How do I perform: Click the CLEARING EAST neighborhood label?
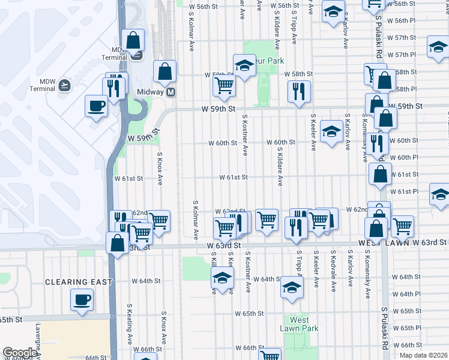tap(79, 281)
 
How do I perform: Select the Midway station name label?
tap(149, 92)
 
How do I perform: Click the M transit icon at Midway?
tap(171, 92)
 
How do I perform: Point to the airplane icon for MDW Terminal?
tap(64, 85)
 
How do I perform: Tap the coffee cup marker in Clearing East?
tap(82, 299)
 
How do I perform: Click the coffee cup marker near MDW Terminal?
tap(96, 106)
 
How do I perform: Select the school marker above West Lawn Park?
tap(292, 287)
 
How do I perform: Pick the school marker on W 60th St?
tap(331, 132)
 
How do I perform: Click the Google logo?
tap(20, 353)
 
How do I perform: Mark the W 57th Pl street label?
tap(402, 55)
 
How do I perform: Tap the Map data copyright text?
tap(423, 355)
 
